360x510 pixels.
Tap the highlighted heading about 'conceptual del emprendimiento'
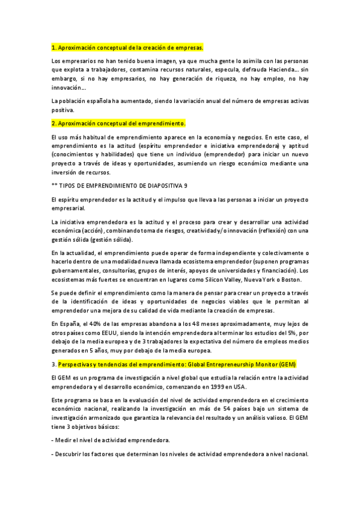(x=119, y=123)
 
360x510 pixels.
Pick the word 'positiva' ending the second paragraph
(x=63, y=110)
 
